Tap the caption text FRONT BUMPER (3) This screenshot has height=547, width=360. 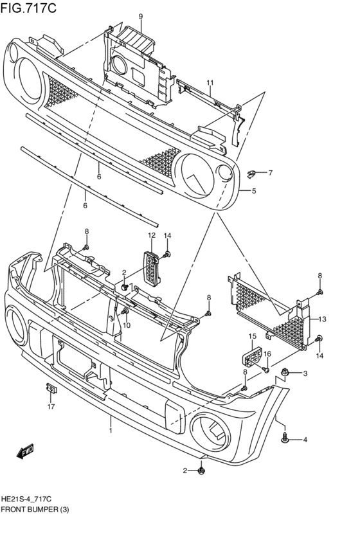(35, 509)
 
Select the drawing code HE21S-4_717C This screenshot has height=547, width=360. (26, 499)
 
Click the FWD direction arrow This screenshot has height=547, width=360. (26, 451)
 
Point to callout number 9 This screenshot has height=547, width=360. (141, 16)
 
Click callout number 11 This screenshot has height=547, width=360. (210, 83)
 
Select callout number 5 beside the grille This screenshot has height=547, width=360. (254, 191)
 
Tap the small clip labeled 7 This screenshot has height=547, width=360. (253, 172)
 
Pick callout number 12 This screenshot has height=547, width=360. (152, 236)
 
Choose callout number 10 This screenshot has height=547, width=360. (127, 325)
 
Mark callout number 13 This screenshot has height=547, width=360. (323, 319)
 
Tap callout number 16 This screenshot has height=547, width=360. (267, 354)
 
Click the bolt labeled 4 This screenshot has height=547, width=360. (285, 438)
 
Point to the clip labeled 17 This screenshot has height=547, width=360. (50, 388)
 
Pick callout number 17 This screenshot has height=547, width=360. (50, 406)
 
